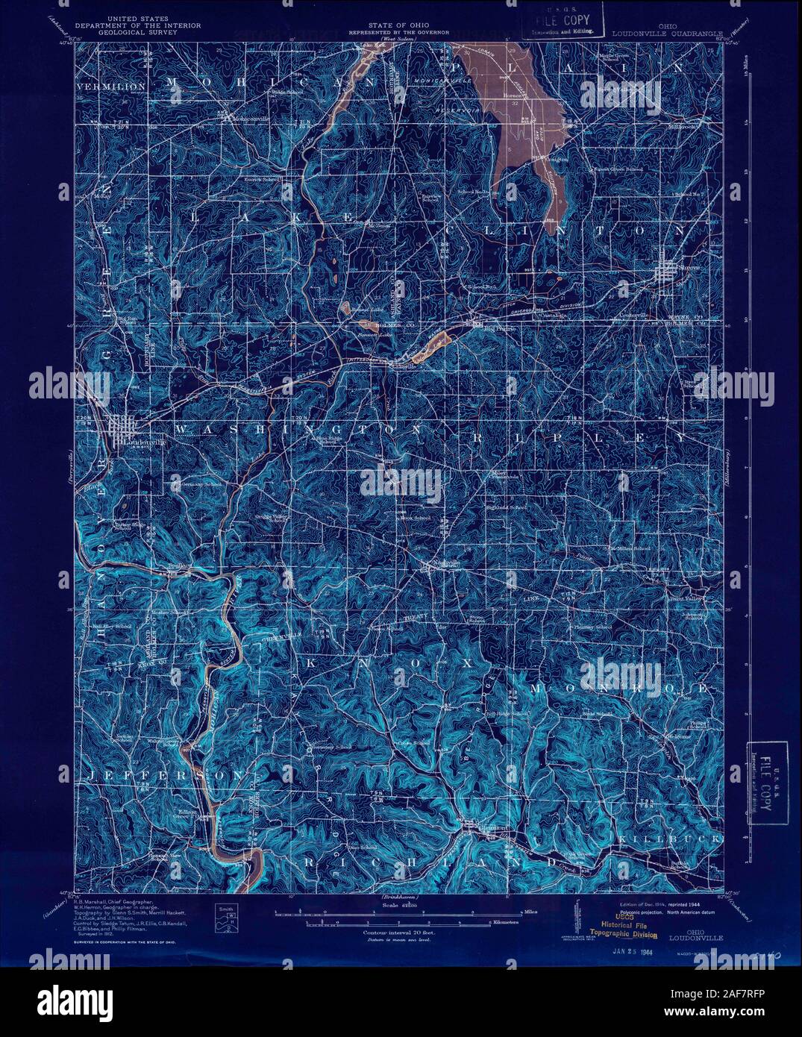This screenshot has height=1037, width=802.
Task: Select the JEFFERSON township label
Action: pyautogui.click(x=164, y=777)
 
